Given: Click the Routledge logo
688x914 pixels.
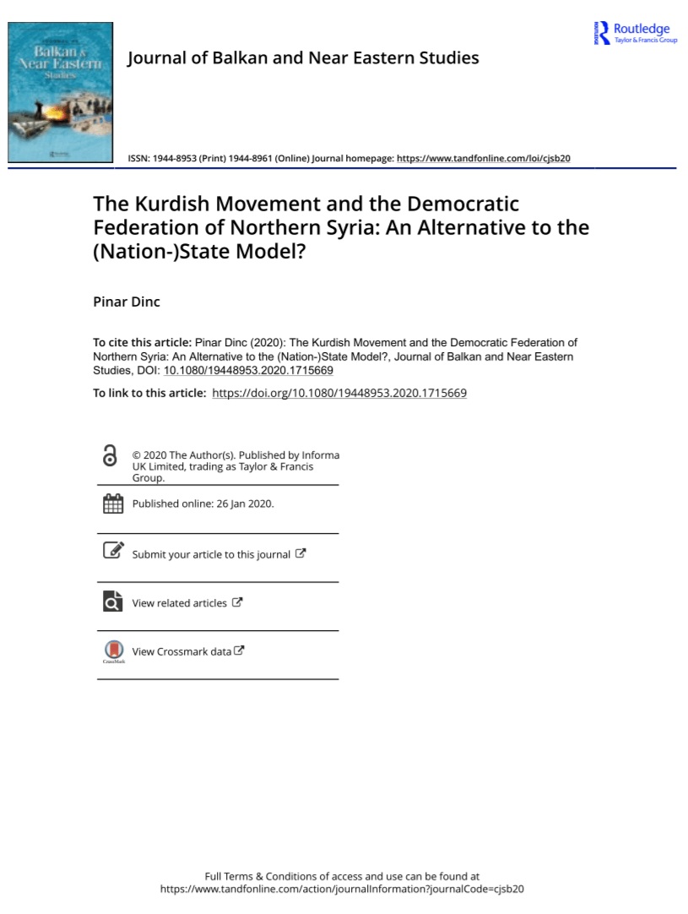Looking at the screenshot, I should [x=636, y=33].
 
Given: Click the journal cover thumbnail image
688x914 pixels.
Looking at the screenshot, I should [x=59, y=93].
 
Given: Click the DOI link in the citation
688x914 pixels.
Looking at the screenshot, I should [x=248, y=370].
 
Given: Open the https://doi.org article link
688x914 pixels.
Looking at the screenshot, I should [x=339, y=393].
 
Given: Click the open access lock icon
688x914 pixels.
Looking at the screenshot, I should [x=110, y=456].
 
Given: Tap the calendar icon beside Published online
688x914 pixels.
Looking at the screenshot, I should [x=112, y=503].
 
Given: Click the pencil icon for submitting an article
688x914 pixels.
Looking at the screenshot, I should [x=112, y=551].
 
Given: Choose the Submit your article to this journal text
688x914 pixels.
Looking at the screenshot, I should [x=211, y=555].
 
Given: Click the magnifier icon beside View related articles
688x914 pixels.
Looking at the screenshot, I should [x=112, y=601].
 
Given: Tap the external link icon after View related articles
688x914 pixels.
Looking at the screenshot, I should [x=237, y=602].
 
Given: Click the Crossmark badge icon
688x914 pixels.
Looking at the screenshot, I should [x=112, y=650].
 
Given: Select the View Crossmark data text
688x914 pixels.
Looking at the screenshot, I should [x=181, y=651].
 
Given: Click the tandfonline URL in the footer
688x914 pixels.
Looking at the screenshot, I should [x=342, y=889].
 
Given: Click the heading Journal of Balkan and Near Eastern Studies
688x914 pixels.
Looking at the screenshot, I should [x=302, y=57].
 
